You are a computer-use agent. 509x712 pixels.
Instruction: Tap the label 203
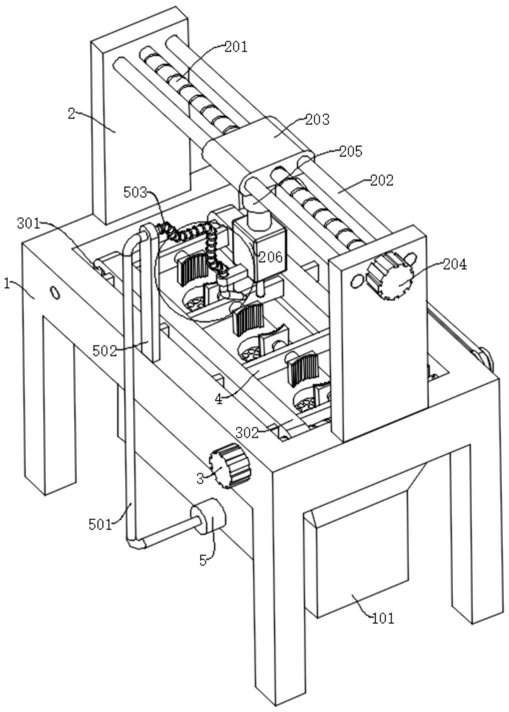tap(318, 119)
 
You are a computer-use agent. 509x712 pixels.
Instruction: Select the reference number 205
tap(350, 151)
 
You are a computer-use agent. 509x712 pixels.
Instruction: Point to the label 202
tap(382, 180)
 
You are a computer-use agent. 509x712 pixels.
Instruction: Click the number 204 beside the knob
tap(455, 264)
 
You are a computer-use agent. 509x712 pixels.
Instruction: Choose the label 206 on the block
tap(271, 257)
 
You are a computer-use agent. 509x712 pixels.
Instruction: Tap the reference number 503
tap(135, 192)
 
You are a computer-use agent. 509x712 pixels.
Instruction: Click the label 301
tap(28, 223)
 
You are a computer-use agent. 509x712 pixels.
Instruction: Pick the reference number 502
tap(104, 351)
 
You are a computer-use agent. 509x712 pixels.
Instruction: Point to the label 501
tap(100, 524)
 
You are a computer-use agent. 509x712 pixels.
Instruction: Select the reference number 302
tap(247, 432)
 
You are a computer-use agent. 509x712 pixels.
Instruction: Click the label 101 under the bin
tap(383, 618)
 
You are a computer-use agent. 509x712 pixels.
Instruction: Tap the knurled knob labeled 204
tap(389, 276)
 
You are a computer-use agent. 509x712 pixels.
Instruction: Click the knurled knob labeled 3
tap(230, 465)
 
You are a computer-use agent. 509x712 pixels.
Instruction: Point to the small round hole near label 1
tap(55, 293)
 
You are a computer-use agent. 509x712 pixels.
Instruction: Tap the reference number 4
tap(219, 399)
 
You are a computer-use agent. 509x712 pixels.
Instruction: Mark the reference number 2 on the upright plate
tap(72, 114)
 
